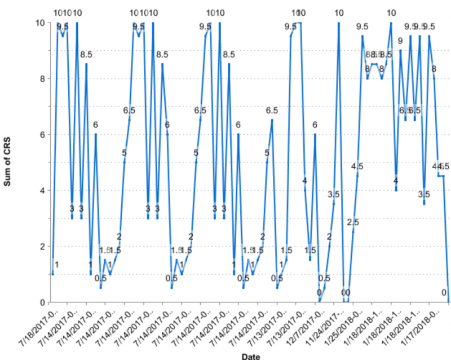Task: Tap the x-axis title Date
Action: pyautogui.click(x=250, y=355)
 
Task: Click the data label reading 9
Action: pyautogui.click(x=400, y=41)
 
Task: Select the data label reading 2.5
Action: pyautogui.click(x=353, y=222)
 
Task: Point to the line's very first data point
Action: pyautogui.click(x=52, y=274)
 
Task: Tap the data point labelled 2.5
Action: pyautogui.click(x=353, y=232)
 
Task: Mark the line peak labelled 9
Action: pyautogui.click(x=400, y=50)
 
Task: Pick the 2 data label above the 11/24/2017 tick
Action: pyautogui.click(x=329, y=236)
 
